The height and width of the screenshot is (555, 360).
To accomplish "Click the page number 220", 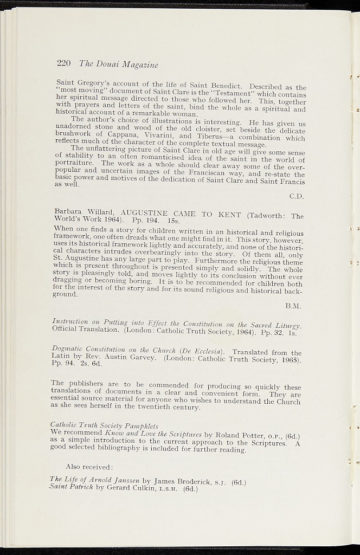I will tap(63, 63).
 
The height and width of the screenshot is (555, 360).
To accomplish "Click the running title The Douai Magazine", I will tap(118, 64).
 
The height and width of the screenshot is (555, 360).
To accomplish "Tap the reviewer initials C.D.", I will tap(296, 195).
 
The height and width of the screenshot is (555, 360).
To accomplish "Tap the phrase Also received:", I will tap(88, 466).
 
